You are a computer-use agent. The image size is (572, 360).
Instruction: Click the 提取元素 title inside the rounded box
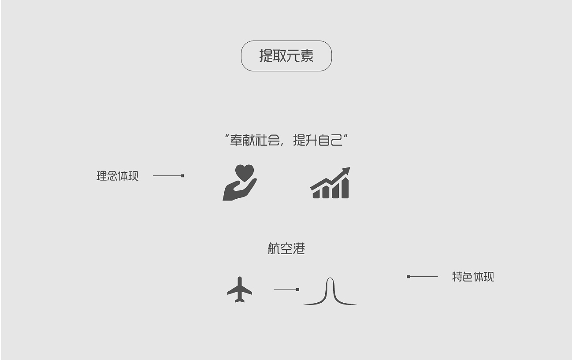point(286,56)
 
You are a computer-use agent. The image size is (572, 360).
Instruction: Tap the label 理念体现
point(117,176)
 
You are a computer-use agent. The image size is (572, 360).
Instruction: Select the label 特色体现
point(473,277)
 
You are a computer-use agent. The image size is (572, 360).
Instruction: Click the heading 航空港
point(286,249)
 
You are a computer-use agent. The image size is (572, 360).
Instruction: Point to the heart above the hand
point(244,172)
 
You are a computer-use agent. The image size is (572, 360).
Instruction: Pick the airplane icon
point(239,289)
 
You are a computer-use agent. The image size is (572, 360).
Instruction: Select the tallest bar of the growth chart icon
point(345,188)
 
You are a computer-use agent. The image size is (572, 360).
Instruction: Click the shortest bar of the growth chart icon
point(316,194)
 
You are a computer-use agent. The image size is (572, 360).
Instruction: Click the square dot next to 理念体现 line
point(182,176)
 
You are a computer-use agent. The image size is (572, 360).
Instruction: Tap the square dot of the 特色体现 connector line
point(409,277)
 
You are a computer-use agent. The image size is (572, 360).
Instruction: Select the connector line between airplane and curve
point(286,289)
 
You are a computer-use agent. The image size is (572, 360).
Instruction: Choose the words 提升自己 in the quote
point(317,141)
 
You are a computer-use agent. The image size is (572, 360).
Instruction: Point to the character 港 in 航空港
point(299,249)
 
